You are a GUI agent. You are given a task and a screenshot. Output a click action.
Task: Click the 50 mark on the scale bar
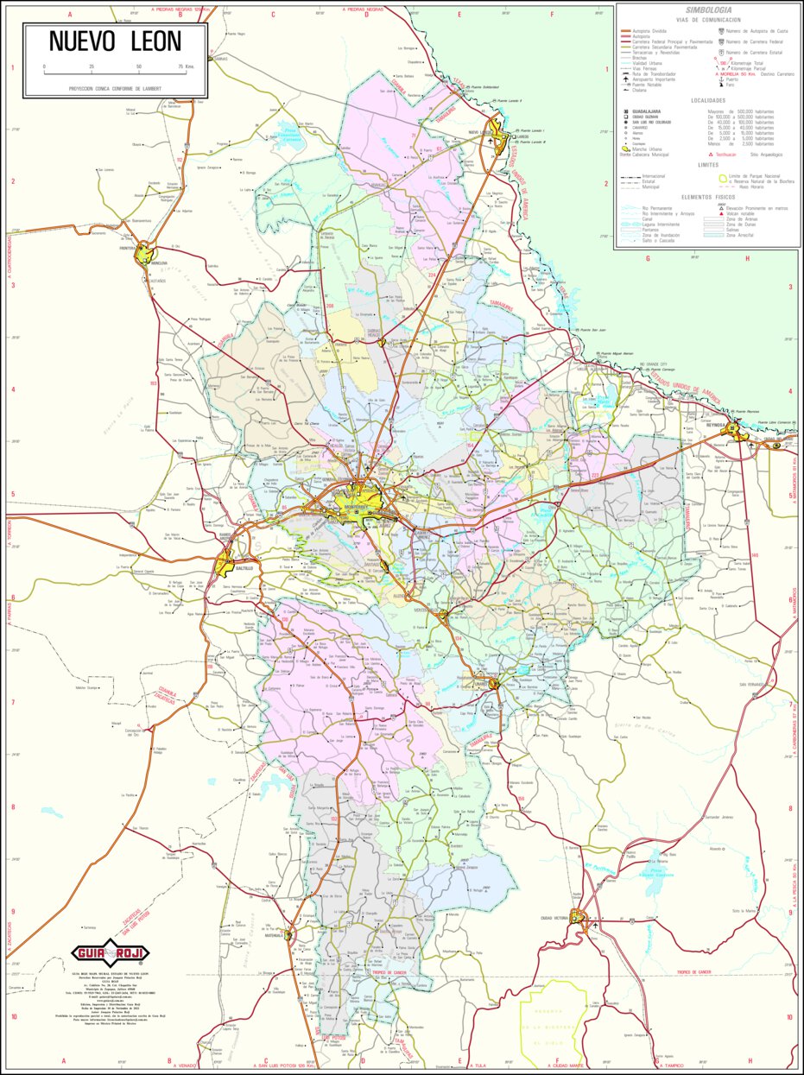139,66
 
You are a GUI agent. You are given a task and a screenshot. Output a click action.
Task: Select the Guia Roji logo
110,953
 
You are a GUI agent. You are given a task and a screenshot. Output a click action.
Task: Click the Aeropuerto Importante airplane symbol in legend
624,79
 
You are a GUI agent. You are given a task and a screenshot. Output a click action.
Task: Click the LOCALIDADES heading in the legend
708,100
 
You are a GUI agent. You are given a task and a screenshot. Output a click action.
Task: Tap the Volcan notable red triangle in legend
720,213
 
